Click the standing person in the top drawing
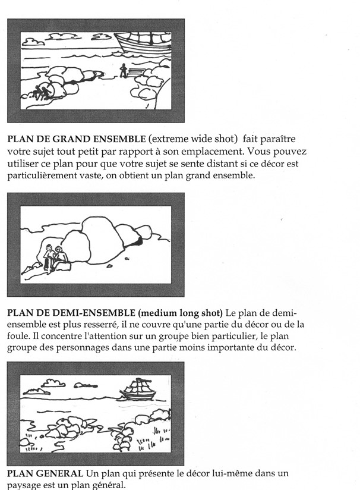(124, 70)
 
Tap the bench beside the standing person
(137, 72)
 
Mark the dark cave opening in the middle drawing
(140, 241)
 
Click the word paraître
(278, 139)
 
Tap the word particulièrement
(42, 175)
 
